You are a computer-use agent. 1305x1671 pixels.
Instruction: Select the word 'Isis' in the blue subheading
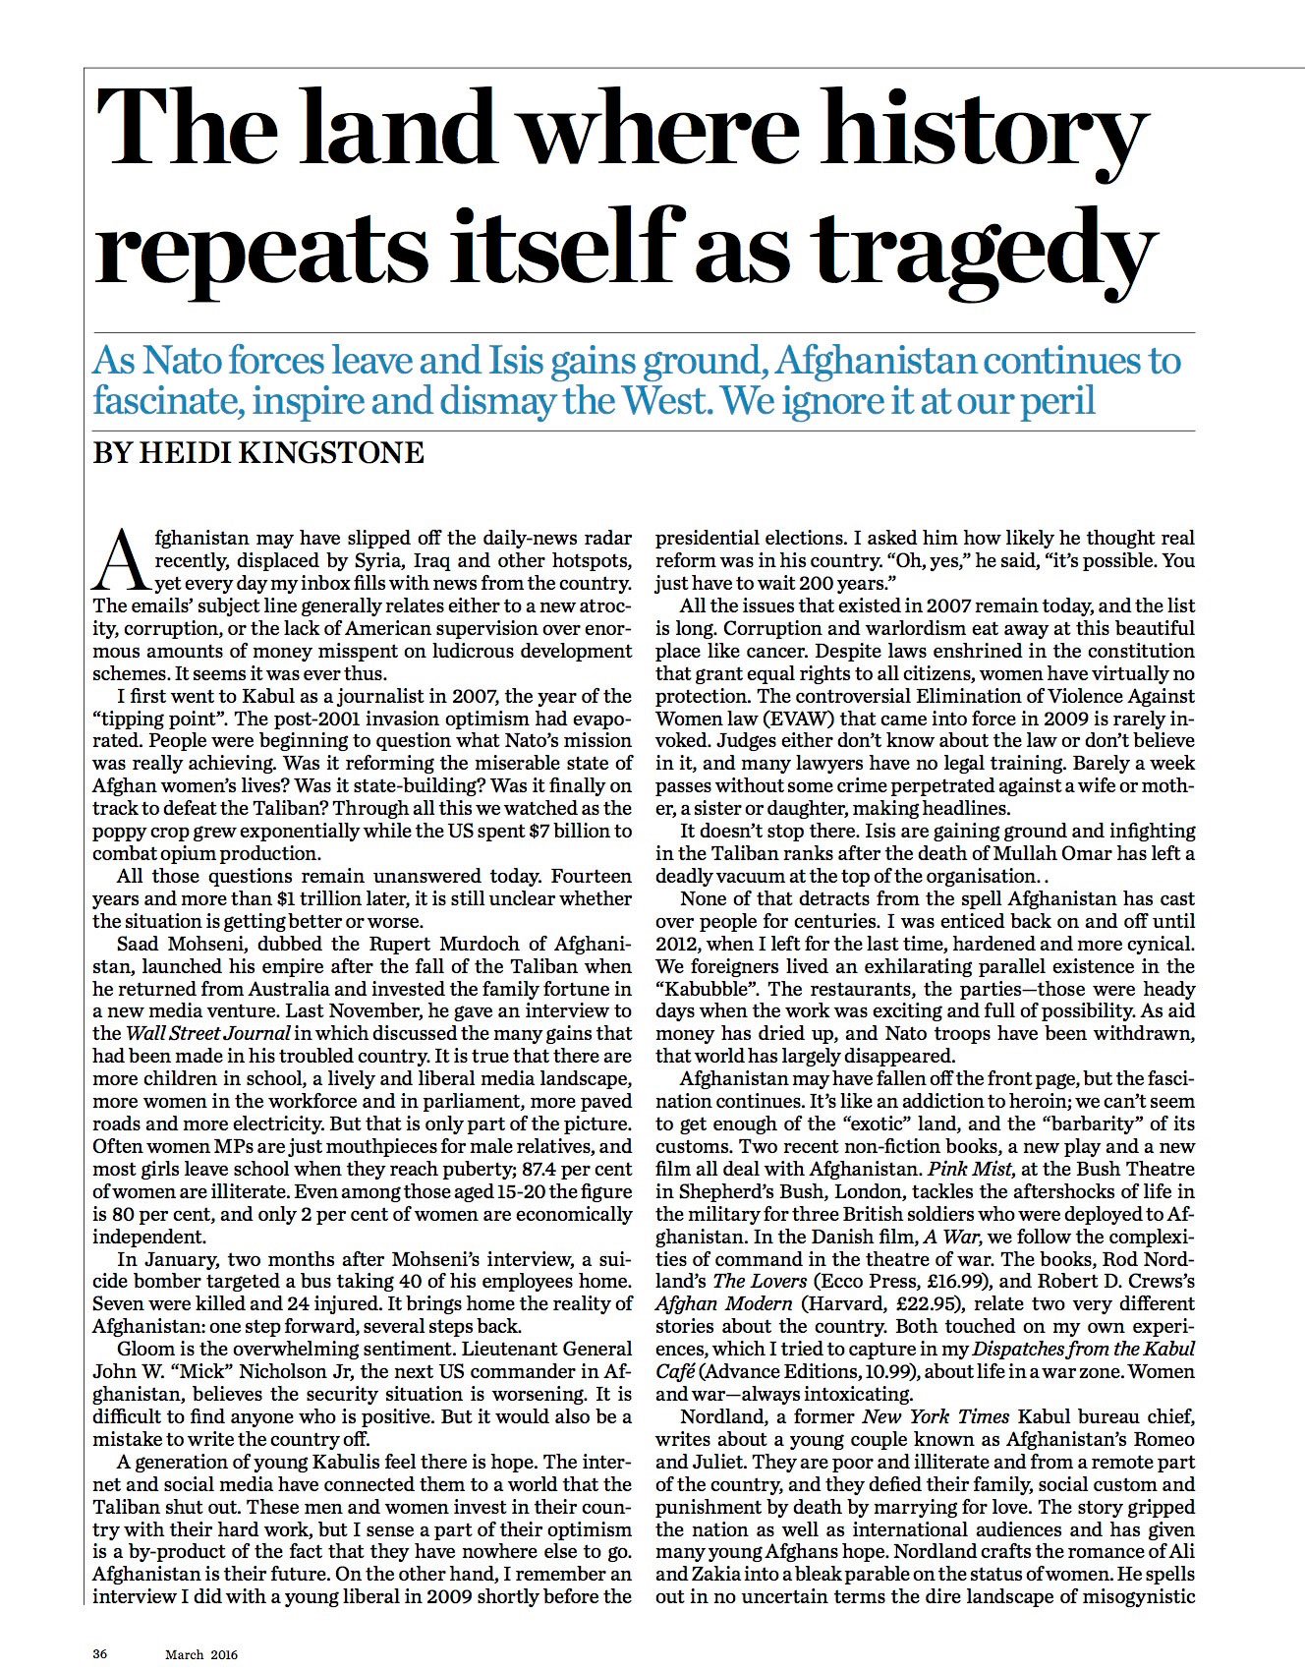point(515,361)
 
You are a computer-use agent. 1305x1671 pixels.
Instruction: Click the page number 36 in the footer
point(99,1653)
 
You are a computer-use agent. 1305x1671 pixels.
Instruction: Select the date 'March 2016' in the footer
point(201,1653)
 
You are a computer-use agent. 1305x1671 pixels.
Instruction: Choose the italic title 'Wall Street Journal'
point(207,1033)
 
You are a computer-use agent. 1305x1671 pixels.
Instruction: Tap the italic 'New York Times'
point(936,1416)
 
